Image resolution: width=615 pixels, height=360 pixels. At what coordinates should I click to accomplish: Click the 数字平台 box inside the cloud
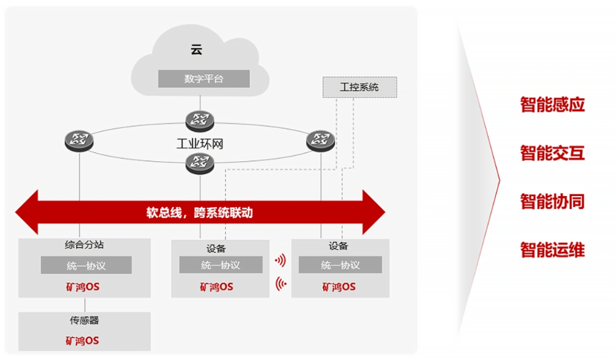(204, 79)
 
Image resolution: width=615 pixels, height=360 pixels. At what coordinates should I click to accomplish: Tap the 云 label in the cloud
(196, 50)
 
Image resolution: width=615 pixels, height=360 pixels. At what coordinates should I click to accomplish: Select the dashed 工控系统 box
(359, 87)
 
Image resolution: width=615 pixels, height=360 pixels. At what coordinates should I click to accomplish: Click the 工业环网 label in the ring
(199, 143)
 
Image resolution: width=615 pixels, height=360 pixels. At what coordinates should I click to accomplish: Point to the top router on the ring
(200, 120)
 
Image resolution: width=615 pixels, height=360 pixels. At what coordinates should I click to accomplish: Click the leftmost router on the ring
(79, 140)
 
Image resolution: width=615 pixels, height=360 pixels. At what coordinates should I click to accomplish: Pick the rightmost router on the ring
(321, 140)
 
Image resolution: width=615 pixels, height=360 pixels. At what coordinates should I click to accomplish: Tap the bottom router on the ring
(200, 163)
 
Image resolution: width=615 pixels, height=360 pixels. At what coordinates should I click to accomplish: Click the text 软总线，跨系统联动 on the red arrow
(199, 213)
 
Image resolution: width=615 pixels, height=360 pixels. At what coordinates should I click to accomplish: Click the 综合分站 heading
(84, 246)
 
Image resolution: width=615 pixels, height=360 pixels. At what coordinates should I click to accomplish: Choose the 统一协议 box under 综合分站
(86, 265)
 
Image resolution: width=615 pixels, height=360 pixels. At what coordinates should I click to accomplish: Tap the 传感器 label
(84, 321)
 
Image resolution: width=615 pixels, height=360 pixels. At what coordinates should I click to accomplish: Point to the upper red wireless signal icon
(280, 261)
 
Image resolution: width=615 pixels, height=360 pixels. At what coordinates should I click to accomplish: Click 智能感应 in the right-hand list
(552, 104)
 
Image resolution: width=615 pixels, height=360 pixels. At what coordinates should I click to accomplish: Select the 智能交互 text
(552, 153)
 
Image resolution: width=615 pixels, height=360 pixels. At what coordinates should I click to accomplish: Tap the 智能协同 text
(552, 201)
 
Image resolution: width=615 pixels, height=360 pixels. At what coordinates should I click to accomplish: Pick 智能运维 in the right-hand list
(552, 249)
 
